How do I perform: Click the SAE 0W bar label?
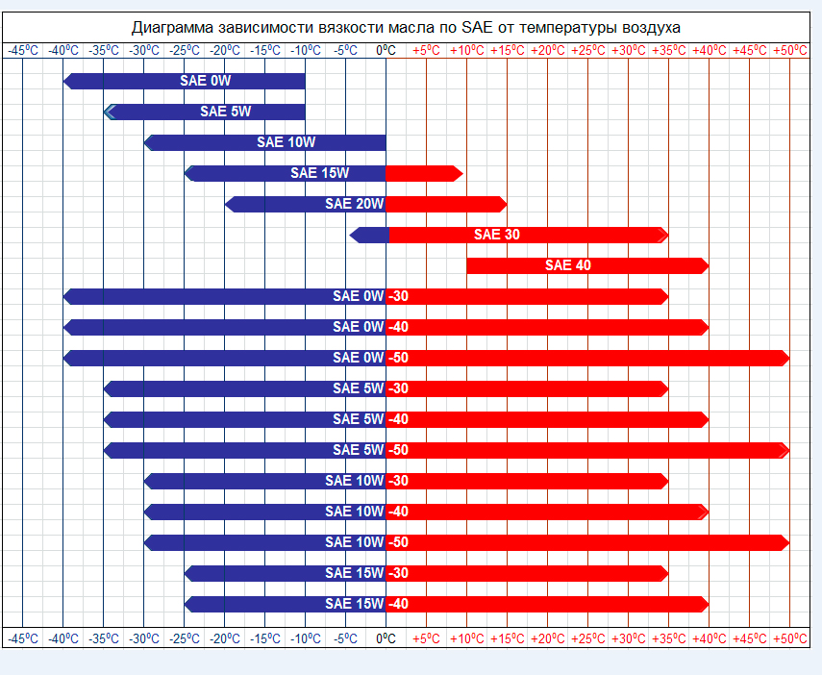coord(206,81)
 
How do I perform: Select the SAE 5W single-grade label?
coord(226,112)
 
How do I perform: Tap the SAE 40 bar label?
coord(568,265)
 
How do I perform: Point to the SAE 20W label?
coord(354,204)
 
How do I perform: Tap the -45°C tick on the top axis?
coord(23,50)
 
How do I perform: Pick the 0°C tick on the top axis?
coord(386,50)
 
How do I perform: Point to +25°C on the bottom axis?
coord(587,637)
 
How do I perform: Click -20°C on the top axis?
coord(225,50)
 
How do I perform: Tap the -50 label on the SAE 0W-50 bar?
coord(398,358)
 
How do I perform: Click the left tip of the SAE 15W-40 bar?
coord(187,604)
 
